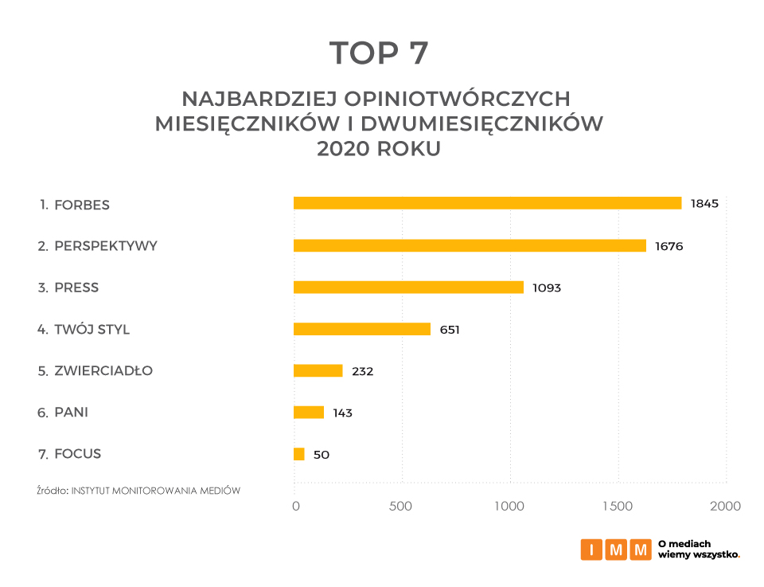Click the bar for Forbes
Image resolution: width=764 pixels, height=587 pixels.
487,203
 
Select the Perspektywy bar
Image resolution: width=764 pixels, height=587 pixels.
470,245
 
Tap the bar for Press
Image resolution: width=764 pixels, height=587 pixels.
408,287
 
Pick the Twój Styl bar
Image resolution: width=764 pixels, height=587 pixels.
362,329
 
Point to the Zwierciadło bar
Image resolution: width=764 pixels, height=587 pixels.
318,370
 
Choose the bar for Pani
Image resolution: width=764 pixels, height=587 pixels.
309,412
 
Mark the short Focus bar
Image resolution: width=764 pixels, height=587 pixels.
299,454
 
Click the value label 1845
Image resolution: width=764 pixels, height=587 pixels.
704,203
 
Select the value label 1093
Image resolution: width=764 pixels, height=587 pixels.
547,288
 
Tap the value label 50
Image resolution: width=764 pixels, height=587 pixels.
321,455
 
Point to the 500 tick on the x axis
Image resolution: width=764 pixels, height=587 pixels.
401,507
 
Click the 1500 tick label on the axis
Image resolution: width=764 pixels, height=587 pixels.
617,507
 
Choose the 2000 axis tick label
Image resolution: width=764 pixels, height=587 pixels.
725,507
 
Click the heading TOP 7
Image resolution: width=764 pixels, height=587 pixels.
379,53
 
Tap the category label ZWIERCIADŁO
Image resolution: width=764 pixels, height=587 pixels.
103,370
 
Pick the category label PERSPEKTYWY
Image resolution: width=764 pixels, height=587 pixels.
106,245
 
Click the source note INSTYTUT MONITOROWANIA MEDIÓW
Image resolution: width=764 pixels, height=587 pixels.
156,491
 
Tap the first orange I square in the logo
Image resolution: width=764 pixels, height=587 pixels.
591,550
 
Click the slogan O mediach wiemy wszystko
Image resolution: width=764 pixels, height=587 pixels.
699,549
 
